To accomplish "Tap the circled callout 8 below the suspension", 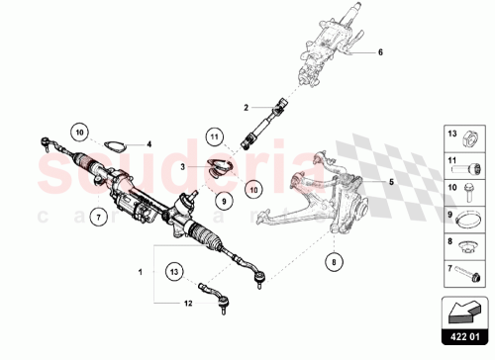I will tap(333, 262).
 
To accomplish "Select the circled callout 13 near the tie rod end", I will tap(173, 271).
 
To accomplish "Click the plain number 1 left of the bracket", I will tap(140, 270).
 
